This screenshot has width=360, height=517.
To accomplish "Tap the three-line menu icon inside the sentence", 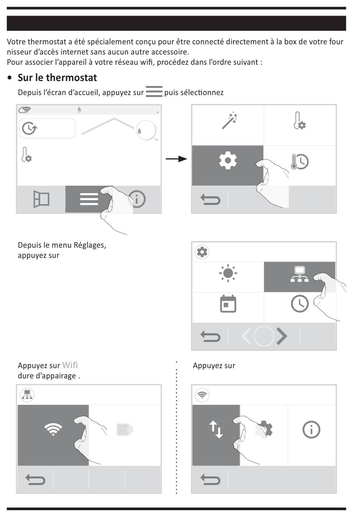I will pos(154,92).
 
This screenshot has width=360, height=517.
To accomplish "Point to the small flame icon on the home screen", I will pos(79,110).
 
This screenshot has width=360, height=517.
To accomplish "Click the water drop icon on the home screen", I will pos(140,131).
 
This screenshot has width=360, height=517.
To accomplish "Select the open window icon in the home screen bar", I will pos(41,199).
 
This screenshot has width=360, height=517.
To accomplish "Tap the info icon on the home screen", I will pos(137,199).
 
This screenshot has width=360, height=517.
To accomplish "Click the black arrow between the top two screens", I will pos(177,159).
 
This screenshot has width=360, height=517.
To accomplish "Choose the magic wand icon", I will pos(230,121).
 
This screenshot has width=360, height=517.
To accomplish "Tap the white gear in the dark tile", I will pos(228,160).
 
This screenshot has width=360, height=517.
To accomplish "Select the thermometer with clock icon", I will pos(299,162).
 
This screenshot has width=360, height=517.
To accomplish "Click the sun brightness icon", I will pos(228,273).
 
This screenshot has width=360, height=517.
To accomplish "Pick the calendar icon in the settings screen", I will pos(228,304).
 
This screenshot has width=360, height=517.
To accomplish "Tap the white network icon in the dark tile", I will pos(299,275).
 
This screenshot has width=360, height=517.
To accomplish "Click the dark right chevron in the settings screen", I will pos(282,336).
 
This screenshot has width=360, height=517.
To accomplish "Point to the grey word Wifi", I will pos(70,365).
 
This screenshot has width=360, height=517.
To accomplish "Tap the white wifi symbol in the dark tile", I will pos(53,429).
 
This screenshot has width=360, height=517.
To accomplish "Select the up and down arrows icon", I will pos(216,430).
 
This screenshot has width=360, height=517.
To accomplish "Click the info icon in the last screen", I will pos(311,430).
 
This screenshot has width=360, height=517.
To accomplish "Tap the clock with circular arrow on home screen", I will pos(29,128).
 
